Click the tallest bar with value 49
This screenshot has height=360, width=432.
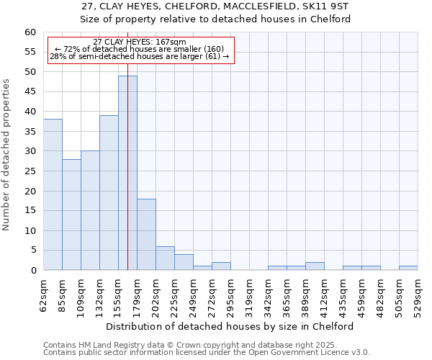coord(127,173)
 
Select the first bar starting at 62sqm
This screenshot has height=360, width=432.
coord(53,194)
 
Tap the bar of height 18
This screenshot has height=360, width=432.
coord(146,235)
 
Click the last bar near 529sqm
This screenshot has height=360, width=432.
coord(408,268)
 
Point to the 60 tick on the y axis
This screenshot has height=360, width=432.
coord(30,32)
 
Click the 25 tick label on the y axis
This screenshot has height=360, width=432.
coord(30,171)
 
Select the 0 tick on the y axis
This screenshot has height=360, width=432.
coord(32,271)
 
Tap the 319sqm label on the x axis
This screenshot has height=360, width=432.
coord(249,296)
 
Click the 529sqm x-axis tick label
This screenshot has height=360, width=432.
coord(418,296)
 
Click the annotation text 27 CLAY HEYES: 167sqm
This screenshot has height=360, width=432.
coord(140,42)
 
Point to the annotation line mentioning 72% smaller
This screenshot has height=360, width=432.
coord(140,49)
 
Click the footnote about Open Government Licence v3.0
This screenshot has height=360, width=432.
coord(206,353)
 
